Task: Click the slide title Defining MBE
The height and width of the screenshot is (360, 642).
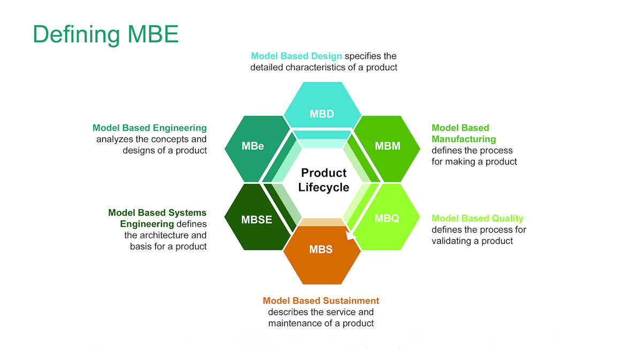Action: (106, 35)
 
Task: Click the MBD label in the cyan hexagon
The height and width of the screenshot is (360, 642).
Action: (322, 114)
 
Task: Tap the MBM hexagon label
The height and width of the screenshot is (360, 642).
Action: (387, 146)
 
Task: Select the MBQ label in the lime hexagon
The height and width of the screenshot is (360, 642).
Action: (387, 218)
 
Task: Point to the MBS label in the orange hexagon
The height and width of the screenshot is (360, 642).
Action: (320, 249)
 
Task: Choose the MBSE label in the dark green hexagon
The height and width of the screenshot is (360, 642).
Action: (256, 219)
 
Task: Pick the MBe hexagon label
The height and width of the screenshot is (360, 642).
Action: (253, 146)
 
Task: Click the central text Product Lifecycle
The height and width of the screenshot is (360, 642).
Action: (324, 180)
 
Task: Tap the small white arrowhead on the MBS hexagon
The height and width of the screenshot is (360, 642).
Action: (350, 235)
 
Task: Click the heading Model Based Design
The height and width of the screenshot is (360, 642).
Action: (296, 56)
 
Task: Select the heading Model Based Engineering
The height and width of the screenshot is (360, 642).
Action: (150, 128)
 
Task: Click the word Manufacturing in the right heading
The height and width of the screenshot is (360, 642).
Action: (464, 139)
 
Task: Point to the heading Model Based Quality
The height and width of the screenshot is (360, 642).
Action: (477, 218)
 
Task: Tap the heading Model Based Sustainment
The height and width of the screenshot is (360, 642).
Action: (321, 301)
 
